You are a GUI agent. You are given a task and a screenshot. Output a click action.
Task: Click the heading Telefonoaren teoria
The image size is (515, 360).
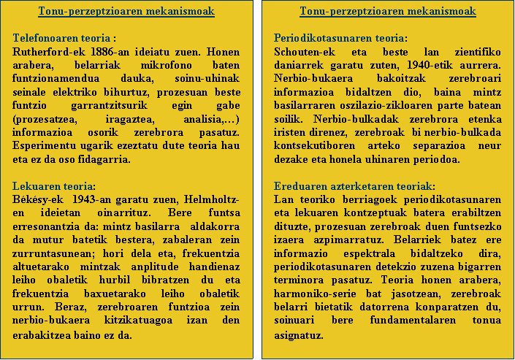[63, 38]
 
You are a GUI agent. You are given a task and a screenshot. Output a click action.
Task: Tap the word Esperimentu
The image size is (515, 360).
[45, 146]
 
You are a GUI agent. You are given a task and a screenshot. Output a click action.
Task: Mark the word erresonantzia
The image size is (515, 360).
[50, 226]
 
